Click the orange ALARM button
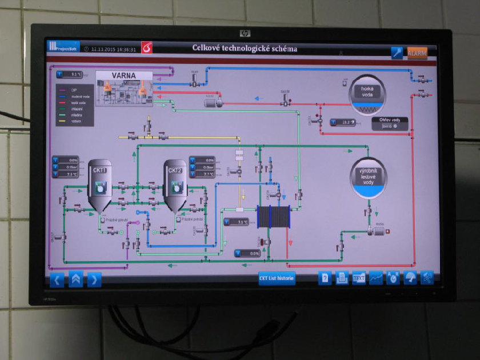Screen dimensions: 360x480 (x=417, y=53)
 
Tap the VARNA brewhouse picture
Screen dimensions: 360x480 (x=124, y=89)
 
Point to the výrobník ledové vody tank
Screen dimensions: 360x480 (x=369, y=178)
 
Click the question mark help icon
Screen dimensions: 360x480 (x=325, y=278)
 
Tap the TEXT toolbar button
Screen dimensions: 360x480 (x=359, y=278)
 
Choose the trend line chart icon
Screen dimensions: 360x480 (x=376, y=278)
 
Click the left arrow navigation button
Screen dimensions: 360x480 (x=57, y=279)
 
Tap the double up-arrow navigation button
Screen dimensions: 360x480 (x=76, y=279)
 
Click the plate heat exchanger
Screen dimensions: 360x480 (x=273, y=217)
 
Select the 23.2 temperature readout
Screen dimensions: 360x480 (x=344, y=122)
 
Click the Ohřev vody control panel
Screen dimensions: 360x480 (x=390, y=124)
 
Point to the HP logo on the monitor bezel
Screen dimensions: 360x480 (x=245, y=33)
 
